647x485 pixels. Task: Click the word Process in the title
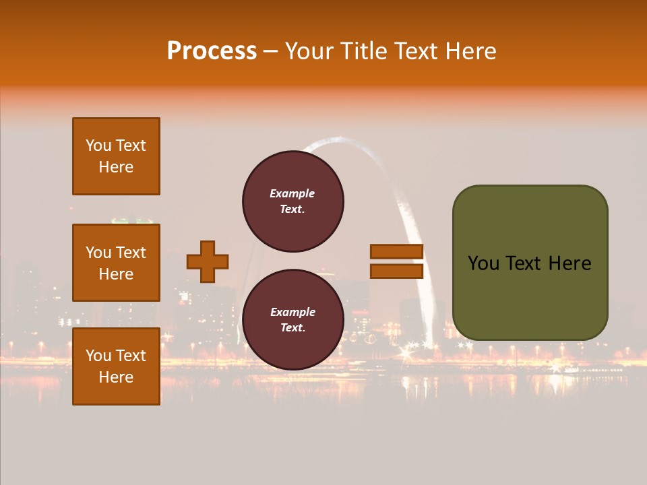(212, 51)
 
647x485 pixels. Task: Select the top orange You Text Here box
(116, 156)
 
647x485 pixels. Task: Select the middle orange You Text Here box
(116, 263)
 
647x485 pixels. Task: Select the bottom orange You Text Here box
(116, 366)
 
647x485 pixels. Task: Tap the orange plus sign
(208, 261)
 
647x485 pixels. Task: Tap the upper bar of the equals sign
(397, 251)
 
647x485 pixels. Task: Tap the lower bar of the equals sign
(397, 271)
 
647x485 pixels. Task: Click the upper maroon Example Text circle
(292, 201)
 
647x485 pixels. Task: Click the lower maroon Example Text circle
(292, 319)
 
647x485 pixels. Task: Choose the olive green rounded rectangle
(530, 263)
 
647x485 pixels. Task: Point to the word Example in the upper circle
(292, 193)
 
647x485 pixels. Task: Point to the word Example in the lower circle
(292, 312)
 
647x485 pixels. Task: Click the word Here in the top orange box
(116, 167)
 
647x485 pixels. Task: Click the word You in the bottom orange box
(98, 356)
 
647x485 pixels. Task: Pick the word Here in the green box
(569, 263)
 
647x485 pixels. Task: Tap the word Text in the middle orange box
(130, 253)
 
